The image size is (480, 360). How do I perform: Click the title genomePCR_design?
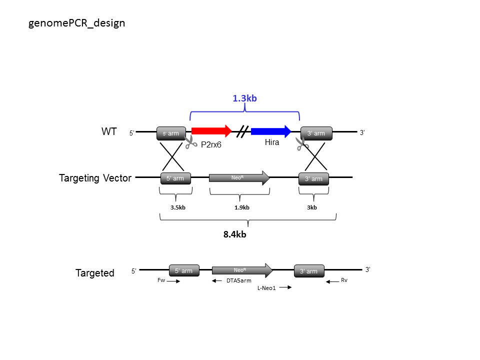(76, 23)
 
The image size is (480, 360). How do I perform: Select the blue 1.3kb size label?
(244, 98)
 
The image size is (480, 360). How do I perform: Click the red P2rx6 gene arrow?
(211, 131)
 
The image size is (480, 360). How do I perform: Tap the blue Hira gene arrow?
(271, 131)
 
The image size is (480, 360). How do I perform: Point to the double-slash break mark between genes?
(242, 131)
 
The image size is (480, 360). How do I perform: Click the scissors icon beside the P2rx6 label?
(190, 142)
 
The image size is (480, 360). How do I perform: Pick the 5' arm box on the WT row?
(171, 133)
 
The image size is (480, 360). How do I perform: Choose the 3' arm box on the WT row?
(316, 133)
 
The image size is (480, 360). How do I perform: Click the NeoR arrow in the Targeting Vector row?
(239, 178)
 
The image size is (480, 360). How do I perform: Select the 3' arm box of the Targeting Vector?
(314, 179)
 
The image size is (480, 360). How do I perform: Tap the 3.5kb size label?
(178, 207)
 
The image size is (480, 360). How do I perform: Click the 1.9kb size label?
(242, 207)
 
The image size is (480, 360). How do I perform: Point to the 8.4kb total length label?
(235, 234)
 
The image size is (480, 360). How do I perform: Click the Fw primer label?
(161, 280)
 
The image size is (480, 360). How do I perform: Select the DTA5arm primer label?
(239, 280)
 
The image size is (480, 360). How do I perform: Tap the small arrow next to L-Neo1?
(285, 287)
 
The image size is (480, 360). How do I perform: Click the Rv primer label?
(344, 280)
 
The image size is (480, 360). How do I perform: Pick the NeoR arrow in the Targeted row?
(242, 270)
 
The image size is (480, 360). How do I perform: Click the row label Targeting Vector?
(95, 178)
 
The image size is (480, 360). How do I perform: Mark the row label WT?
(109, 131)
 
